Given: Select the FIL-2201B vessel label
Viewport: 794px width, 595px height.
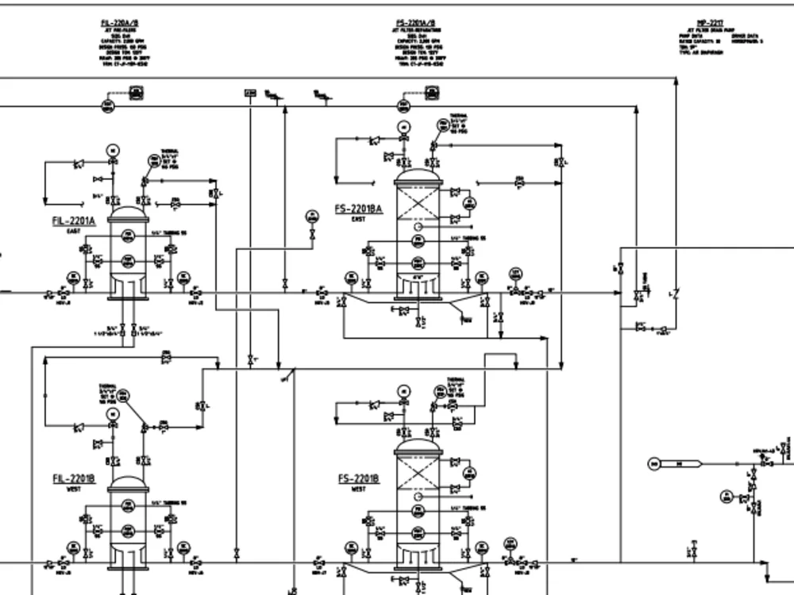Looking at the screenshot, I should tap(74, 478).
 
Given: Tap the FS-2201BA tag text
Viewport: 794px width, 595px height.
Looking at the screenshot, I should tap(358, 209).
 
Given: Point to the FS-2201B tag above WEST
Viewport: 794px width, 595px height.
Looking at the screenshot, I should tap(358, 478).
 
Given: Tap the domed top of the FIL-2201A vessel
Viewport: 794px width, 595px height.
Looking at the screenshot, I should tap(128, 212).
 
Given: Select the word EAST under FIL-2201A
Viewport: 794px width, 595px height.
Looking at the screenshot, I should tap(74, 231).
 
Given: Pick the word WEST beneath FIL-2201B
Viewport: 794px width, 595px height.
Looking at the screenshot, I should tap(74, 489).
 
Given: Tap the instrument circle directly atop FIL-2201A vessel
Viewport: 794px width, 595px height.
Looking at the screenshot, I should tap(112, 151).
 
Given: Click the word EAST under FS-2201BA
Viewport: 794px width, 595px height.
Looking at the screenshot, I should tap(358, 220).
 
